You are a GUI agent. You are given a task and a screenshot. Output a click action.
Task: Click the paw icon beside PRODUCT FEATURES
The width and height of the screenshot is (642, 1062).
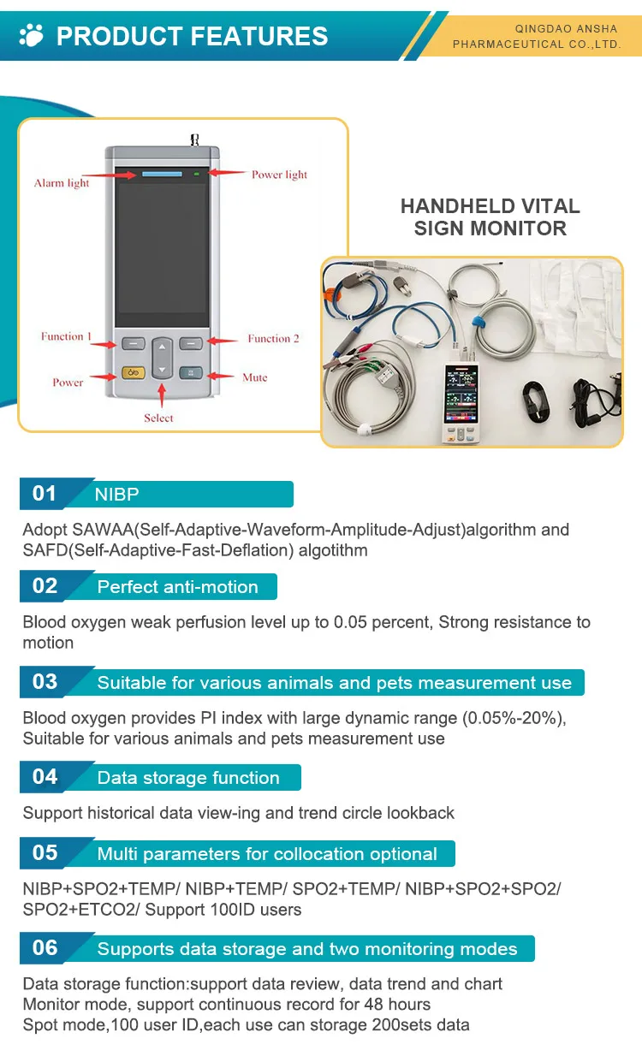pos(32,35)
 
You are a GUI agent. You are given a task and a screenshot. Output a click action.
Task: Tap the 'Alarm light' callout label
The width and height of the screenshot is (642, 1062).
pos(62,183)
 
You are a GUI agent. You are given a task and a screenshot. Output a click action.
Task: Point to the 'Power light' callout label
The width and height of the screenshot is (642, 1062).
pos(279,175)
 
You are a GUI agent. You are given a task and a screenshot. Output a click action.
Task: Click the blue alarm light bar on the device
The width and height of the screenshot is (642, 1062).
pos(162,174)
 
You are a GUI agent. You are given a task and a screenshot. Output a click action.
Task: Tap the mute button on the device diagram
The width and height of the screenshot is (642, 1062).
pos(191,372)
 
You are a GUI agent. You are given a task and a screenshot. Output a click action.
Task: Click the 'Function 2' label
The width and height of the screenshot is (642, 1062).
pos(274,339)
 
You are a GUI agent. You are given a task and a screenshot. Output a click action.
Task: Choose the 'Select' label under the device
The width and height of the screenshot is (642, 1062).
pos(158,418)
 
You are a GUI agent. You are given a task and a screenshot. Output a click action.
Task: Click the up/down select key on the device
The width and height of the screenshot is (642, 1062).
pos(162,359)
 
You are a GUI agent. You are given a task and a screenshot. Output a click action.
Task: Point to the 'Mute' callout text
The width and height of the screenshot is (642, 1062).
pos(254,377)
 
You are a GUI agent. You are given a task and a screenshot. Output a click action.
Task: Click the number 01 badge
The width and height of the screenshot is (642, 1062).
pos(45,494)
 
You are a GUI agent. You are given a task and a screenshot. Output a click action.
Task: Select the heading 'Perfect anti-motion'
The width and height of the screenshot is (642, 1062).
pos(177,587)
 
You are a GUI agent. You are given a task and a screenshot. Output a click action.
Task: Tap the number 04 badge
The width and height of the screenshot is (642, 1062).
pos(45,777)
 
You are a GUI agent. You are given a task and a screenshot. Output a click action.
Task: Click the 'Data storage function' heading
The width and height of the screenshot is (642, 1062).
pos(188,778)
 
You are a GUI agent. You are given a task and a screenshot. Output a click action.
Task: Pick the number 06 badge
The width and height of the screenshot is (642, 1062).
pos(45,948)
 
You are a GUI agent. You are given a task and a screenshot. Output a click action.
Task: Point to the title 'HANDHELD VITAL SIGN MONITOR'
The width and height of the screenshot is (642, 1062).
pos(490,217)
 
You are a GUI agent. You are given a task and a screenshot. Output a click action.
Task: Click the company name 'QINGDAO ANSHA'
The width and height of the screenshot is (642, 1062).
pos(566,29)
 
